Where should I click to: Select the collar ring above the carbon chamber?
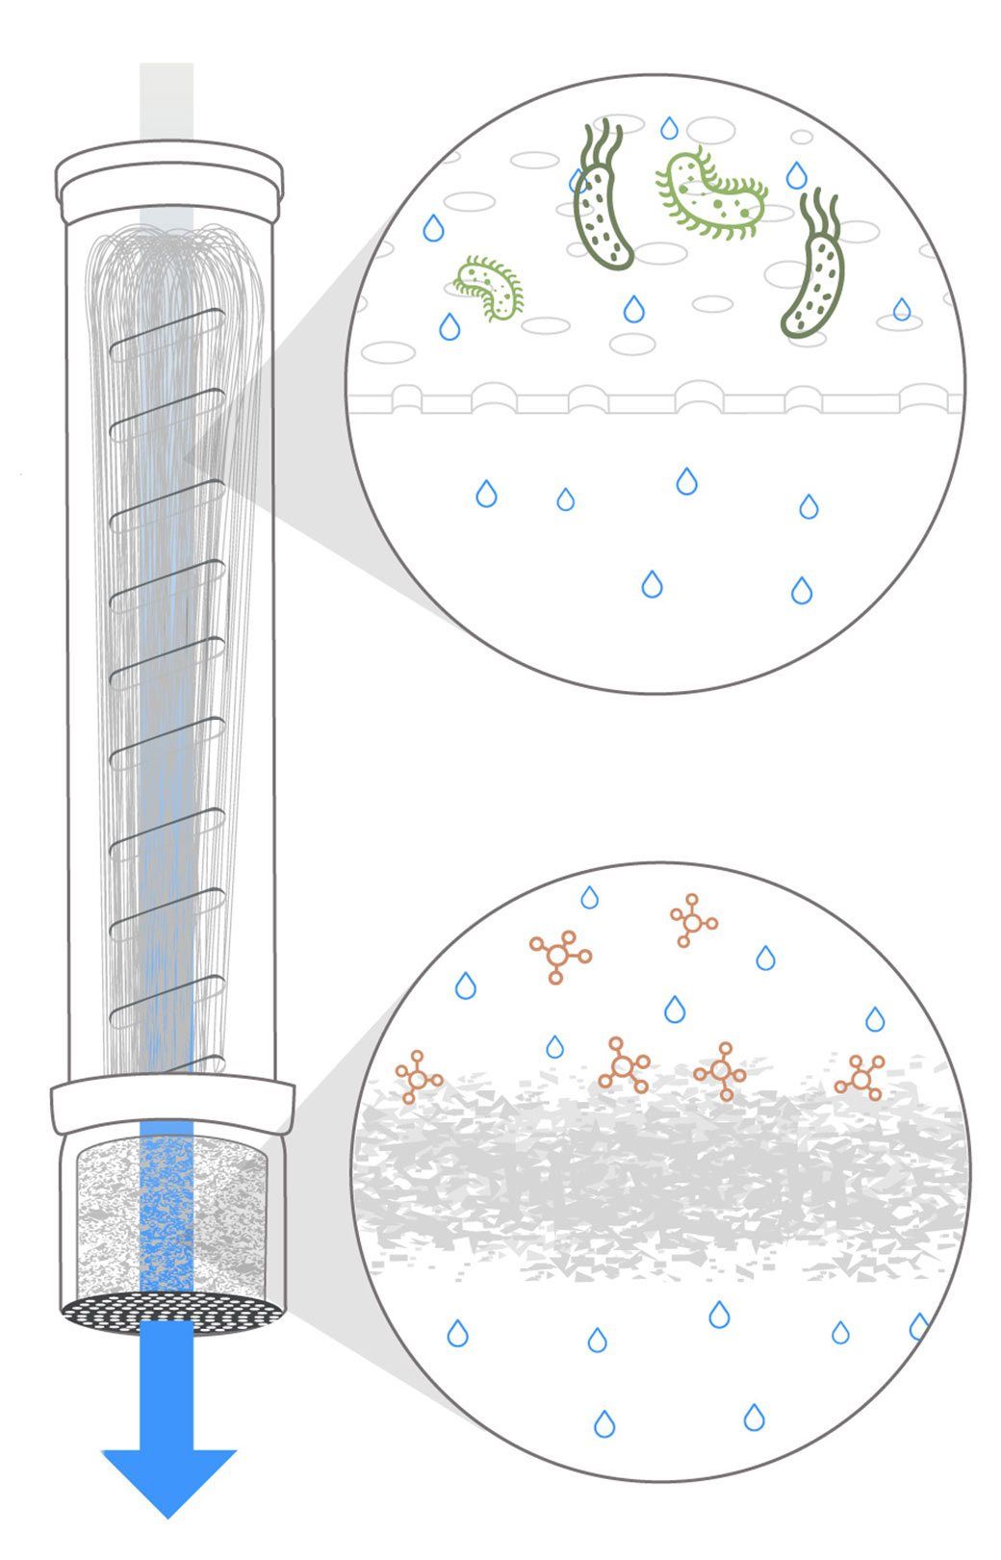tap(171, 1105)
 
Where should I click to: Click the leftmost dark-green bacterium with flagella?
tap(602, 203)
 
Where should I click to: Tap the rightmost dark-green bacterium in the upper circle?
tap(813, 274)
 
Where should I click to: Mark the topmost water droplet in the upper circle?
tap(668, 128)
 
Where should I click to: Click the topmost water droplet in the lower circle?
tap(589, 898)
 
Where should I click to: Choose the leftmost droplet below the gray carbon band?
tap(458, 1334)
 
